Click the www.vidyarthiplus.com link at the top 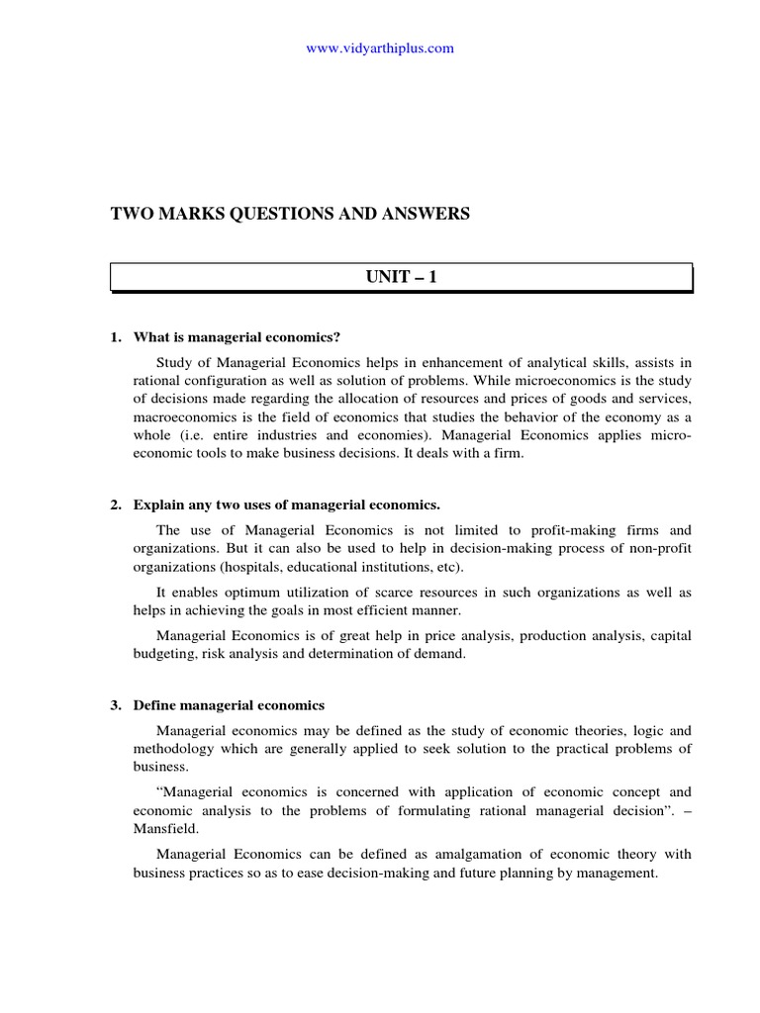[x=380, y=48]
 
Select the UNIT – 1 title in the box [x=401, y=277]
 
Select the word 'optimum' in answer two [x=261, y=592]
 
